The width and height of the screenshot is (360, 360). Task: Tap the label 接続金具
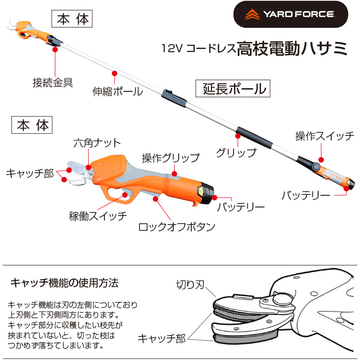pyautogui.click(x=53, y=83)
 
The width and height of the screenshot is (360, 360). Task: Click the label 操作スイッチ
pyautogui.click(x=324, y=136)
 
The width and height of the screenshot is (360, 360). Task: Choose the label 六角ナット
pyautogui.click(x=97, y=143)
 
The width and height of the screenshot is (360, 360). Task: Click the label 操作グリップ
pyautogui.click(x=171, y=158)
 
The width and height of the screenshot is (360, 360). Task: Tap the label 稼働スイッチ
pyautogui.click(x=98, y=215)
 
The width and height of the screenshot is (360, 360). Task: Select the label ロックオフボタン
pyautogui.click(x=177, y=226)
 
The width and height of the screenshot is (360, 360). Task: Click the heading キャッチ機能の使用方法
pyautogui.click(x=64, y=283)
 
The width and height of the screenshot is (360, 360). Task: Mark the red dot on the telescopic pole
pyautogui.click(x=114, y=73)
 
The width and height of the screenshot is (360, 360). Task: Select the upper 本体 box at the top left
pyautogui.click(x=72, y=19)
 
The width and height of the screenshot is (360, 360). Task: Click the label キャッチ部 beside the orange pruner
pyautogui.click(x=30, y=173)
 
